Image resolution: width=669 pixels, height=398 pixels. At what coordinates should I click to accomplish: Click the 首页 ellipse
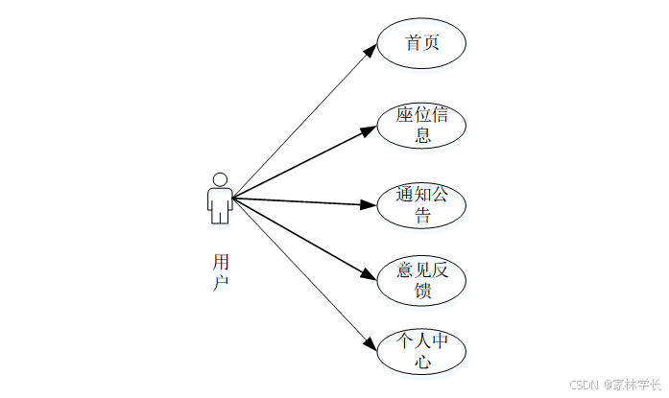[x=421, y=44]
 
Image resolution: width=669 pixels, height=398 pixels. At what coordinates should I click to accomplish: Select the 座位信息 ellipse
[x=421, y=126]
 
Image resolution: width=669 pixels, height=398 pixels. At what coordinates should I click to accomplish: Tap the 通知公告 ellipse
[x=421, y=205]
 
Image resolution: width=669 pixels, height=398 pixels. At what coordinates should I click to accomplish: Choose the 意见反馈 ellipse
[x=421, y=281]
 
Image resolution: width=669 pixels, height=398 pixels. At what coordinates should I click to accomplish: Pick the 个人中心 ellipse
[x=421, y=352]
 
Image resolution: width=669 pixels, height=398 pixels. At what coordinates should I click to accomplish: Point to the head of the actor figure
[x=220, y=178]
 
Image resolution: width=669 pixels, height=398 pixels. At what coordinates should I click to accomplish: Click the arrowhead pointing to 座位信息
[x=370, y=129]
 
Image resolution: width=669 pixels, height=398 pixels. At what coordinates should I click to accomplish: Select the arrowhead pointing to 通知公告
[x=370, y=204]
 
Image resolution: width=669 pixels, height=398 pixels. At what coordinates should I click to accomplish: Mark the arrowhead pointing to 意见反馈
[x=370, y=276]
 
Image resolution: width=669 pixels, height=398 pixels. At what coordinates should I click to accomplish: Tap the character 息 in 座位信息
[x=422, y=136]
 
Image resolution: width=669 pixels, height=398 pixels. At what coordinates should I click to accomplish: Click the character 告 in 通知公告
[x=422, y=216]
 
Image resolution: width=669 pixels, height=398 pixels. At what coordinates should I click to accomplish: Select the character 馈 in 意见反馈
[x=422, y=292]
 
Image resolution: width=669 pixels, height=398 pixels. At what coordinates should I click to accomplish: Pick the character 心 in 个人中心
[x=422, y=363]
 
